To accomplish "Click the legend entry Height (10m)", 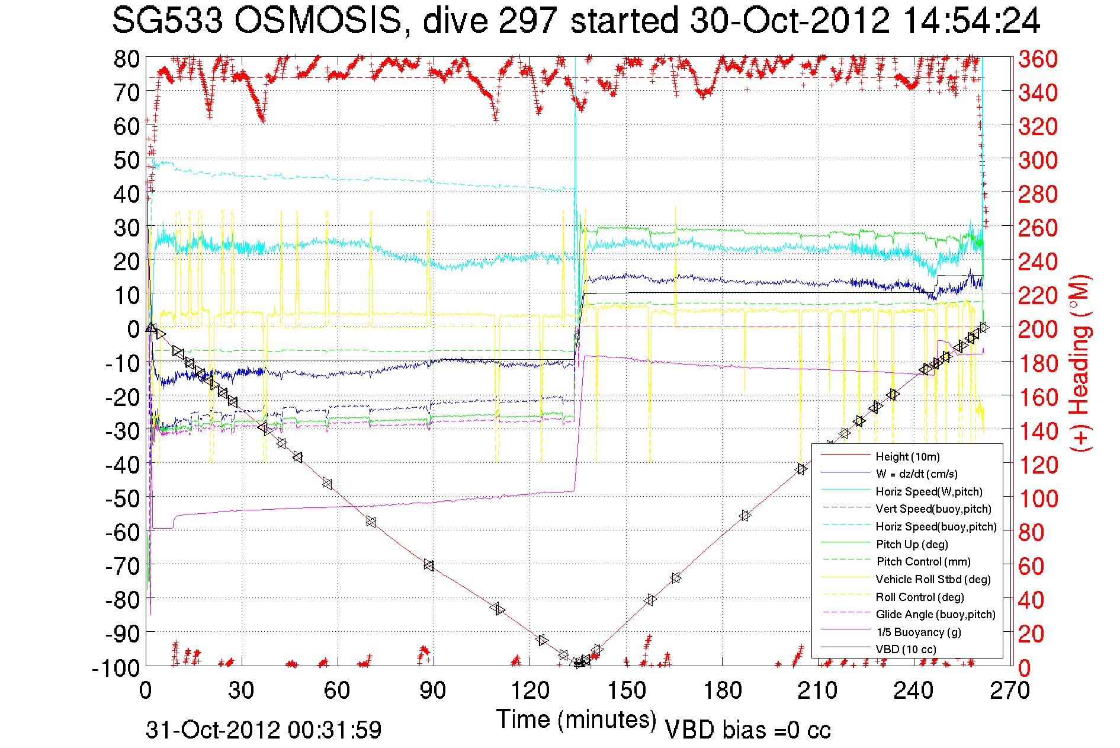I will [907, 456].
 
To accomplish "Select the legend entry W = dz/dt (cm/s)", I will [916, 474].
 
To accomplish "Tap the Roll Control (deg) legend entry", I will [919, 597].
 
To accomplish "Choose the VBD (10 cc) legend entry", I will [906, 649].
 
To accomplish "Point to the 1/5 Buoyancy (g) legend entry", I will [918, 632].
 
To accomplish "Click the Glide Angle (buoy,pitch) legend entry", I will [935, 614].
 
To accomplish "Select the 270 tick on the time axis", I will [1010, 691].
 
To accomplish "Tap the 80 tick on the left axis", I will [126, 59].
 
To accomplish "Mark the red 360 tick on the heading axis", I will [1038, 59].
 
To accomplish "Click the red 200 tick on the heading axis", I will [1038, 329].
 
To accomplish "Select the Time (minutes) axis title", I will [576, 720].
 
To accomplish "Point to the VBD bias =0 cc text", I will [747, 730].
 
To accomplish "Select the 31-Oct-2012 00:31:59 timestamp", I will [264, 730].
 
